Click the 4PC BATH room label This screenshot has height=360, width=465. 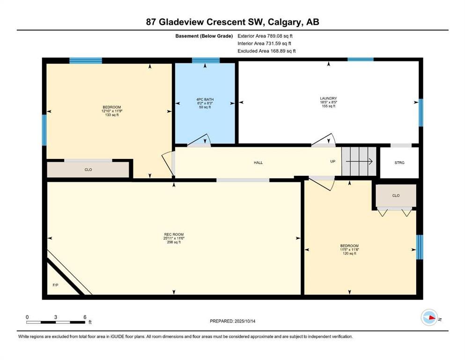pos(205,99)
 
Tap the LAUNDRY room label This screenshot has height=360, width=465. pos(328,98)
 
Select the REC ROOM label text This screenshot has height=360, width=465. pos(174,234)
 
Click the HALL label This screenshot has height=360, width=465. pos(258,163)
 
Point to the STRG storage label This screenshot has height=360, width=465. pos(399,163)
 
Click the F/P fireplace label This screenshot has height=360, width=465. pos(55,285)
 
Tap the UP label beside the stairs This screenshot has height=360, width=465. pos(333,161)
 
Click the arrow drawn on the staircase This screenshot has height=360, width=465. pos(359,161)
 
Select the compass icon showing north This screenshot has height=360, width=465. pos(429,317)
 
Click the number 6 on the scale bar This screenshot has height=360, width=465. pos(85,317)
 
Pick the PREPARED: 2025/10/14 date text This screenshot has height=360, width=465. pos(232,321)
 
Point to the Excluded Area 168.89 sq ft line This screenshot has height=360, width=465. pos(266,51)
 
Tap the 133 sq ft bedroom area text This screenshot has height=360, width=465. pos(112,115)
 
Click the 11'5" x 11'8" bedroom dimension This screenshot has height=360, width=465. pos(349,249)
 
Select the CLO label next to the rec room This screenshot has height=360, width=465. pos(88,170)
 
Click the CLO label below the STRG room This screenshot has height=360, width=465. pos(396,195)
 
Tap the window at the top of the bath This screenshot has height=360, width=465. pos(206,60)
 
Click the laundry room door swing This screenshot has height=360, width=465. pos(323,140)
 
